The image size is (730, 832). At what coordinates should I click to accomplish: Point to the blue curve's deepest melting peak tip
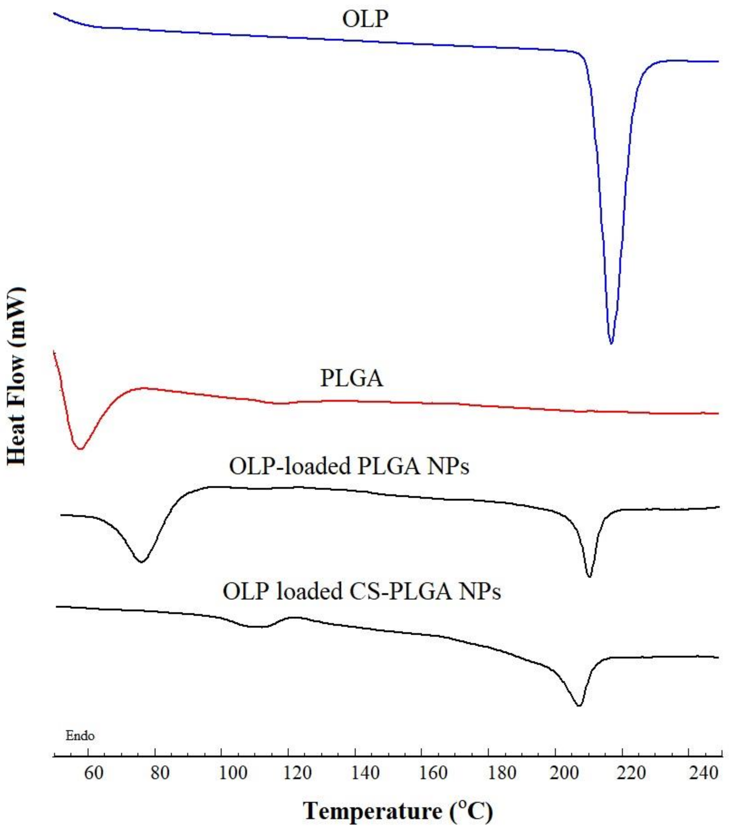(611, 343)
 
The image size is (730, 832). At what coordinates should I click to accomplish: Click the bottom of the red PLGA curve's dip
(80, 449)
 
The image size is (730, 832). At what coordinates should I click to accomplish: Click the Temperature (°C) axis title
(398, 811)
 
